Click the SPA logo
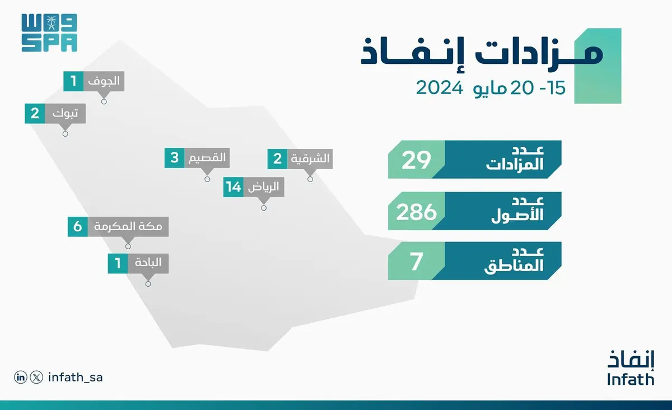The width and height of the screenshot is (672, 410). click(49, 33)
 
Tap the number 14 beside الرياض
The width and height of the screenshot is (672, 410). click(234, 187)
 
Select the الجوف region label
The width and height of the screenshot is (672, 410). click(104, 81)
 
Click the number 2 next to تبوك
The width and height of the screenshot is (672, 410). click(35, 114)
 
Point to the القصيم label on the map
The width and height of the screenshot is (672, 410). click(207, 157)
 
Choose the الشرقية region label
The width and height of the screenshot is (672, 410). click(310, 159)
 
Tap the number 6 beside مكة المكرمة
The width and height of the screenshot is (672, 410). click(78, 227)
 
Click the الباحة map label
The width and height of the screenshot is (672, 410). click(148, 263)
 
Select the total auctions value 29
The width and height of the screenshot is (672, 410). click(416, 160)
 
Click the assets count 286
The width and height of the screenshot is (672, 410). click(416, 212)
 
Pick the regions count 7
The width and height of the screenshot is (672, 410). click(417, 262)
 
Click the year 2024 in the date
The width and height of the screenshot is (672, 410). click(440, 88)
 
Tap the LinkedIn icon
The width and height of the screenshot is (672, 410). click(20, 378)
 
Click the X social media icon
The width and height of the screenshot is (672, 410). click(36, 378)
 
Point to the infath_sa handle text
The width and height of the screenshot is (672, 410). click(75, 378)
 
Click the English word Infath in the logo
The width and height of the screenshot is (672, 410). click(631, 379)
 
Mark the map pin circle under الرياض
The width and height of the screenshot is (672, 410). click(264, 208)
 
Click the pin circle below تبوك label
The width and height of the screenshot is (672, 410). click(65, 134)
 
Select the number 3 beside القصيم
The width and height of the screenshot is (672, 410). click(175, 158)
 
